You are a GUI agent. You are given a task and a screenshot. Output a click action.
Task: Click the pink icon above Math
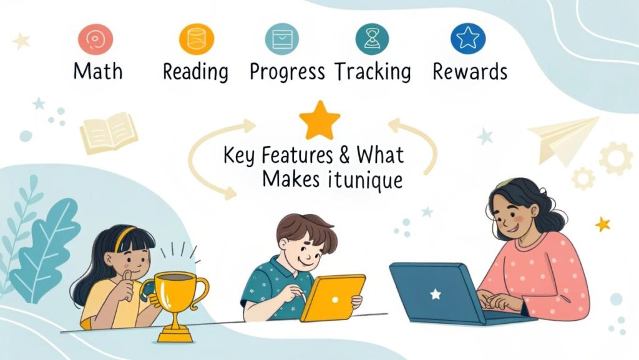[x=95, y=39]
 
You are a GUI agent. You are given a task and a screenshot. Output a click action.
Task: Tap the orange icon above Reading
[x=197, y=39]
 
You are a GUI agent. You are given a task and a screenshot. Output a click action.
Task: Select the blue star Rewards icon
[x=468, y=38]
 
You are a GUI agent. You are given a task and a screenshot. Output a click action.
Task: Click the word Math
[x=98, y=71]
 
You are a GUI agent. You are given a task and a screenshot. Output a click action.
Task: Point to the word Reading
[x=195, y=72]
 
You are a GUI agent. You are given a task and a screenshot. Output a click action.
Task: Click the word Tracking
[x=373, y=72]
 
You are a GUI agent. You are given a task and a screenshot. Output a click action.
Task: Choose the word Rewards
[x=470, y=72]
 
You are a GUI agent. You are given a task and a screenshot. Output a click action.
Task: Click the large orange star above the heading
[x=319, y=120]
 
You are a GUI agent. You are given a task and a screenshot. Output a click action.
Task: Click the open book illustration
[x=109, y=132]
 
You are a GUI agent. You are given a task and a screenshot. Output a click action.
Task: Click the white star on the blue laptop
[x=436, y=294]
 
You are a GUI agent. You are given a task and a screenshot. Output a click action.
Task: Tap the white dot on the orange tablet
[x=335, y=300]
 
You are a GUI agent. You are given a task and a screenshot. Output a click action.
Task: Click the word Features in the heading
[x=296, y=155]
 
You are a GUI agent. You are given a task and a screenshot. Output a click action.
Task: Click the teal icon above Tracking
[x=372, y=39]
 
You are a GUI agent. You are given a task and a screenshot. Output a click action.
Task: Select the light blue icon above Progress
[x=282, y=39]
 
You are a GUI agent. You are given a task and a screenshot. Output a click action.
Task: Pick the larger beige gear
[x=615, y=158]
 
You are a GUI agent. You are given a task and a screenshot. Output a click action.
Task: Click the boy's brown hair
[x=306, y=230]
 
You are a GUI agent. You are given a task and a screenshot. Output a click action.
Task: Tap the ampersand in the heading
[x=344, y=155]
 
